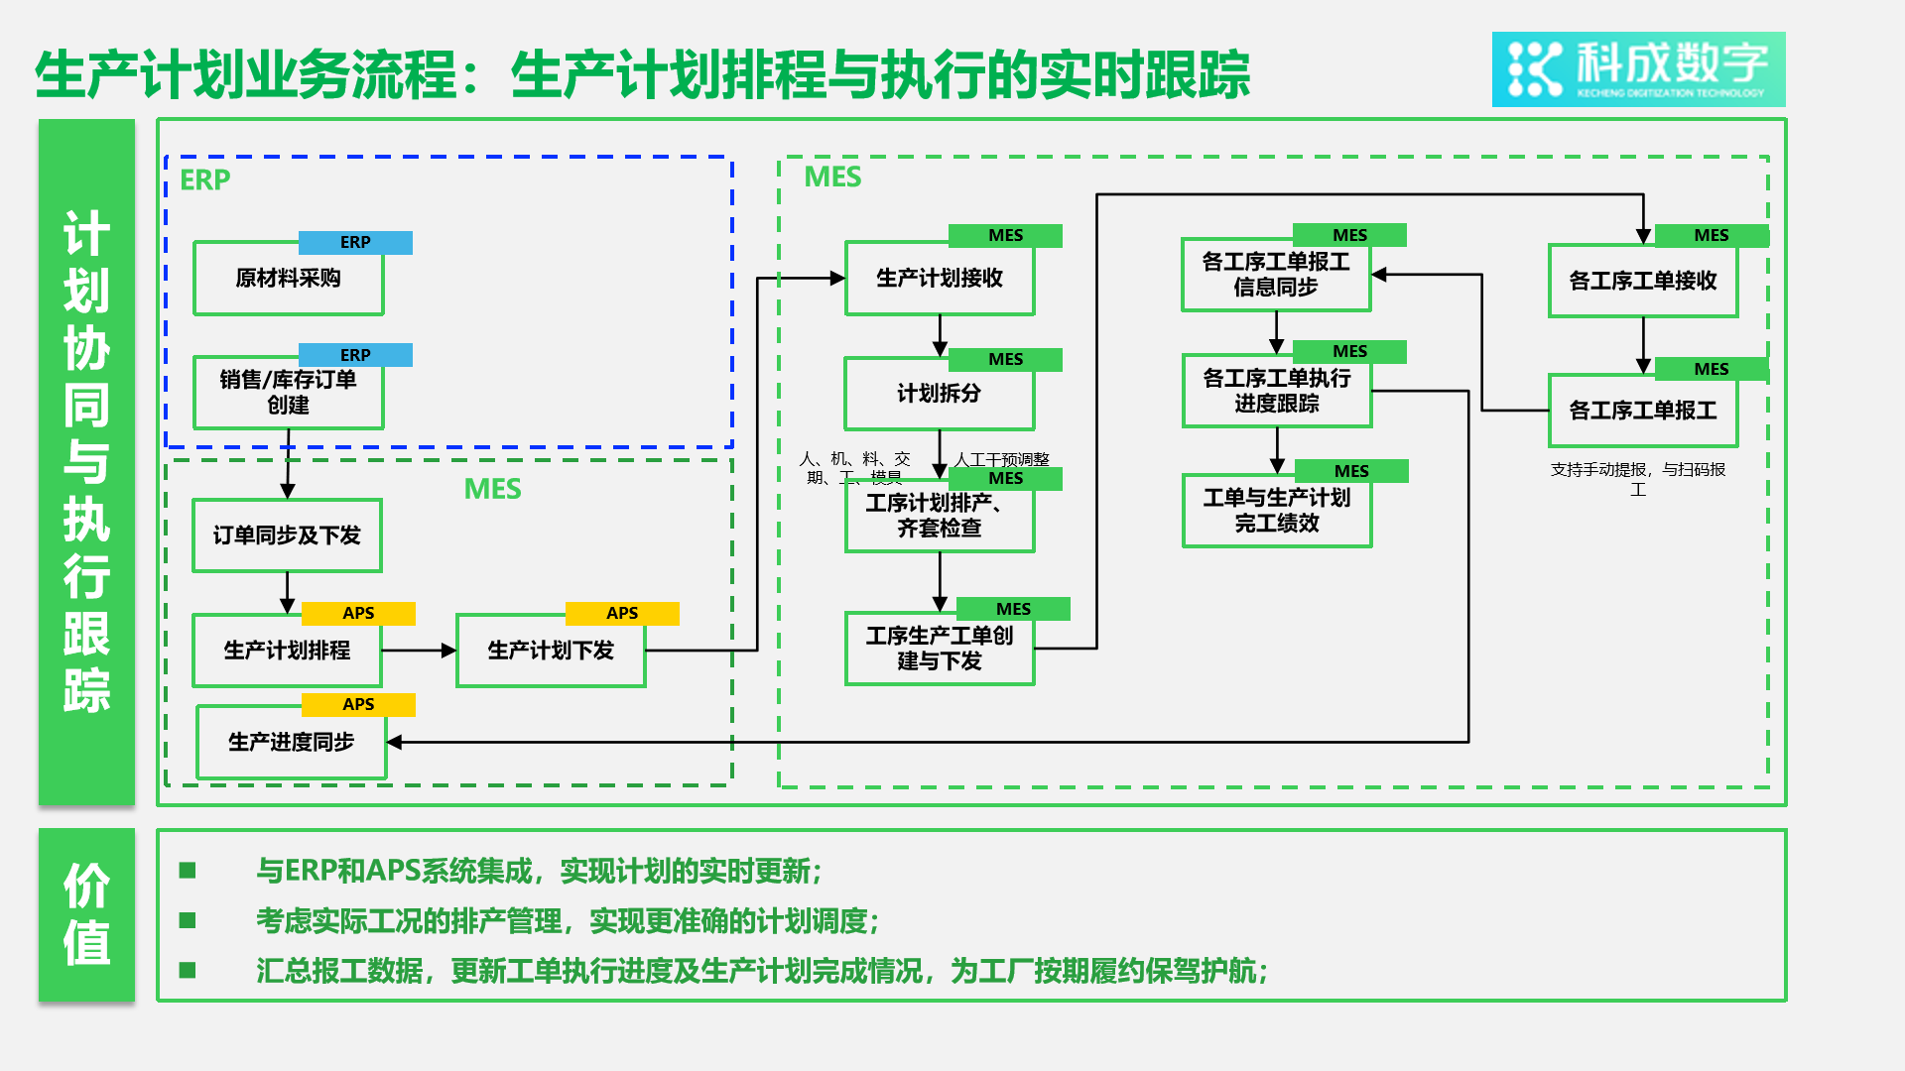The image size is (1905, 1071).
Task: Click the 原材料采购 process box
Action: pyautogui.click(x=288, y=279)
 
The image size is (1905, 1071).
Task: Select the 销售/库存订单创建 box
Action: pyautogui.click(x=288, y=393)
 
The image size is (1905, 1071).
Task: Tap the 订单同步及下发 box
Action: pyautogui.click(x=287, y=535)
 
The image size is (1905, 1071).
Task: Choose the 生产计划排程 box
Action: pyautogui.click(x=287, y=651)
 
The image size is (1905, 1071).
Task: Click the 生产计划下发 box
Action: pyautogui.click(x=551, y=651)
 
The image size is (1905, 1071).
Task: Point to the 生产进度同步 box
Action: pyautogui.click(x=291, y=742)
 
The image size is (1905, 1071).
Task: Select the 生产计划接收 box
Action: pyautogui.click(x=939, y=279)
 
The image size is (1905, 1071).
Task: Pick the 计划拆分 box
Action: pyautogui.click(x=939, y=394)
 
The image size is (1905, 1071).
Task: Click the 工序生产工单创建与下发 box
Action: pyautogui.click(x=939, y=649)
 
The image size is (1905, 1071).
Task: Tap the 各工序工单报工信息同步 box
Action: pyautogui.click(x=1276, y=275)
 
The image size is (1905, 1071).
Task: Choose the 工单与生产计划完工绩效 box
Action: pyautogui.click(x=1277, y=511)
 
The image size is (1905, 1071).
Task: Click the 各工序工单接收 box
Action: pyautogui.click(x=1642, y=282)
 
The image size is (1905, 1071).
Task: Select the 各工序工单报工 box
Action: pyautogui.click(x=1642, y=411)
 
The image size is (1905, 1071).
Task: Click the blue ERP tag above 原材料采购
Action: pyautogui.click(x=355, y=243)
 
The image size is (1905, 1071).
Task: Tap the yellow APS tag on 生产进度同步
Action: pyautogui.click(x=358, y=705)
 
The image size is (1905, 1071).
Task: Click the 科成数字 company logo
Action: pyautogui.click(x=1638, y=69)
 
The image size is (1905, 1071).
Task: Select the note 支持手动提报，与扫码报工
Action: pyautogui.click(x=1637, y=479)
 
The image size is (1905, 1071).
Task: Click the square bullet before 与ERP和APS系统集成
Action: pyautogui.click(x=188, y=871)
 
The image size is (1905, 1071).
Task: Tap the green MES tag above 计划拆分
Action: pyautogui.click(x=1005, y=359)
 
